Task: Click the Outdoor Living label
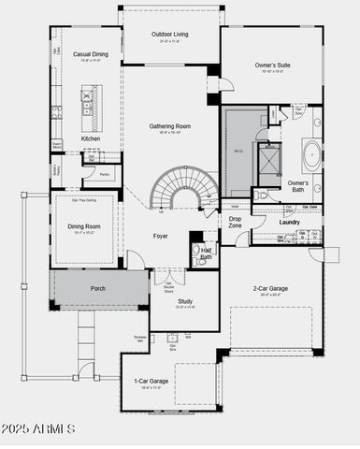point(169,35)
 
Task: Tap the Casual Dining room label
point(90,54)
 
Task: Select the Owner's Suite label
point(271,65)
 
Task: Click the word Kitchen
point(90,138)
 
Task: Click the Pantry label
point(104,174)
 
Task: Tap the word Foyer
point(161,236)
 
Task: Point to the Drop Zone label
point(235,222)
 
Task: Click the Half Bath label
point(205,253)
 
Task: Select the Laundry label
point(289,222)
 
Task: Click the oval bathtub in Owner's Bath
point(310,153)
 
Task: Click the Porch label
point(97,289)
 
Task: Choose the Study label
point(185,301)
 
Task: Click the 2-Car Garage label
point(272,289)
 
